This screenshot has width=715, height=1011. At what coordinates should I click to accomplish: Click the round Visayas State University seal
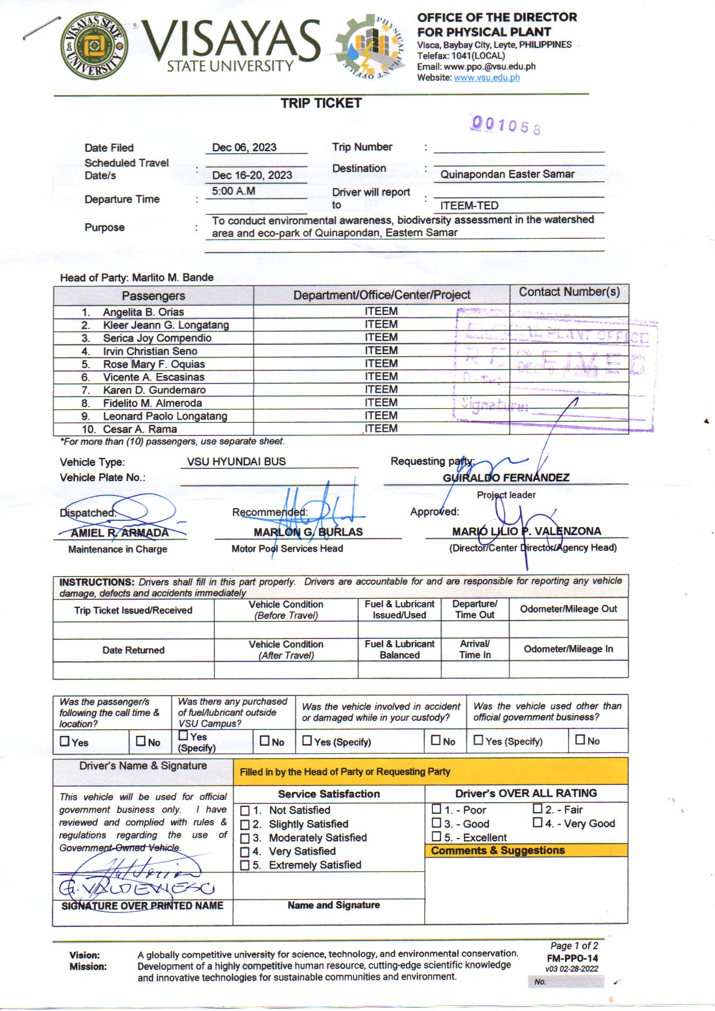tap(95, 46)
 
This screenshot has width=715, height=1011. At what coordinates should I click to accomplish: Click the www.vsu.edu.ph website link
tap(487, 77)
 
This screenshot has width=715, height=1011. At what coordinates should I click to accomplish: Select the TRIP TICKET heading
tap(321, 103)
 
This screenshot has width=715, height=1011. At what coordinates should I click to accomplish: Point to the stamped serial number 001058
tap(506, 125)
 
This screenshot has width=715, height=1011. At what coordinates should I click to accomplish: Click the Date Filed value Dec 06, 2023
tap(244, 147)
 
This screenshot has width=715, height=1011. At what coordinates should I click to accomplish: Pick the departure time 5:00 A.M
tap(234, 191)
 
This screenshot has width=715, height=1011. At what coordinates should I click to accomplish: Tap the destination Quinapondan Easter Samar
tap(507, 174)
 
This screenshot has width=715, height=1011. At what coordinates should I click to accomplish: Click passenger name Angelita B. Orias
tap(144, 312)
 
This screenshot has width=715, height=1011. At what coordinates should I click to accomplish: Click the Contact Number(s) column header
tap(569, 292)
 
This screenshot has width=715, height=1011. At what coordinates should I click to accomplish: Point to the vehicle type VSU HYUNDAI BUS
tap(236, 461)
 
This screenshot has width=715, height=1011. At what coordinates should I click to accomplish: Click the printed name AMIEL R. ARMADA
tap(119, 533)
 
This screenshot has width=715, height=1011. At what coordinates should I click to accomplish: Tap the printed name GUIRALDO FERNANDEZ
tap(506, 478)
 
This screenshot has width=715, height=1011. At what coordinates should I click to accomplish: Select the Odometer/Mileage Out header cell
tap(568, 609)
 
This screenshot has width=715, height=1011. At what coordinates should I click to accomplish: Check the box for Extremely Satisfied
tap(245, 865)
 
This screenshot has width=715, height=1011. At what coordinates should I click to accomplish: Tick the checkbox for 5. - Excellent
tap(436, 836)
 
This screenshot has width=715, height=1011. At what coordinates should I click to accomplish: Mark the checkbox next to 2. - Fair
tap(537, 809)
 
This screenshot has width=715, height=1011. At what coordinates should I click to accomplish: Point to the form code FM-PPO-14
tap(572, 959)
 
